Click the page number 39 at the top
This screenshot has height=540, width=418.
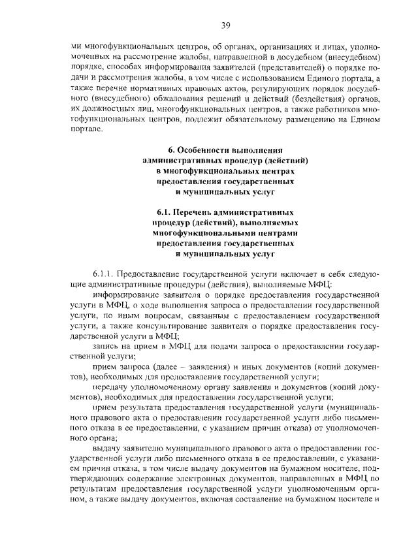pos(225,25)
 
